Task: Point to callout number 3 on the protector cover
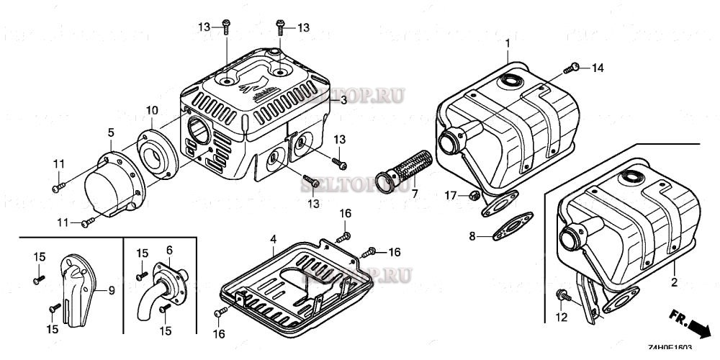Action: click(343, 102)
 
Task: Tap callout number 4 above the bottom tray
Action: click(273, 238)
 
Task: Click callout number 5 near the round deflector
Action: click(111, 132)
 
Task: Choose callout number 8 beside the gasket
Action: click(472, 235)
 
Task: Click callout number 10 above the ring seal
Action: click(151, 109)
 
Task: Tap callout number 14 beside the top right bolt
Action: click(598, 68)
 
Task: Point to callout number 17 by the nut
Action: click(450, 195)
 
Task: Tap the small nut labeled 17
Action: click(473, 195)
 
